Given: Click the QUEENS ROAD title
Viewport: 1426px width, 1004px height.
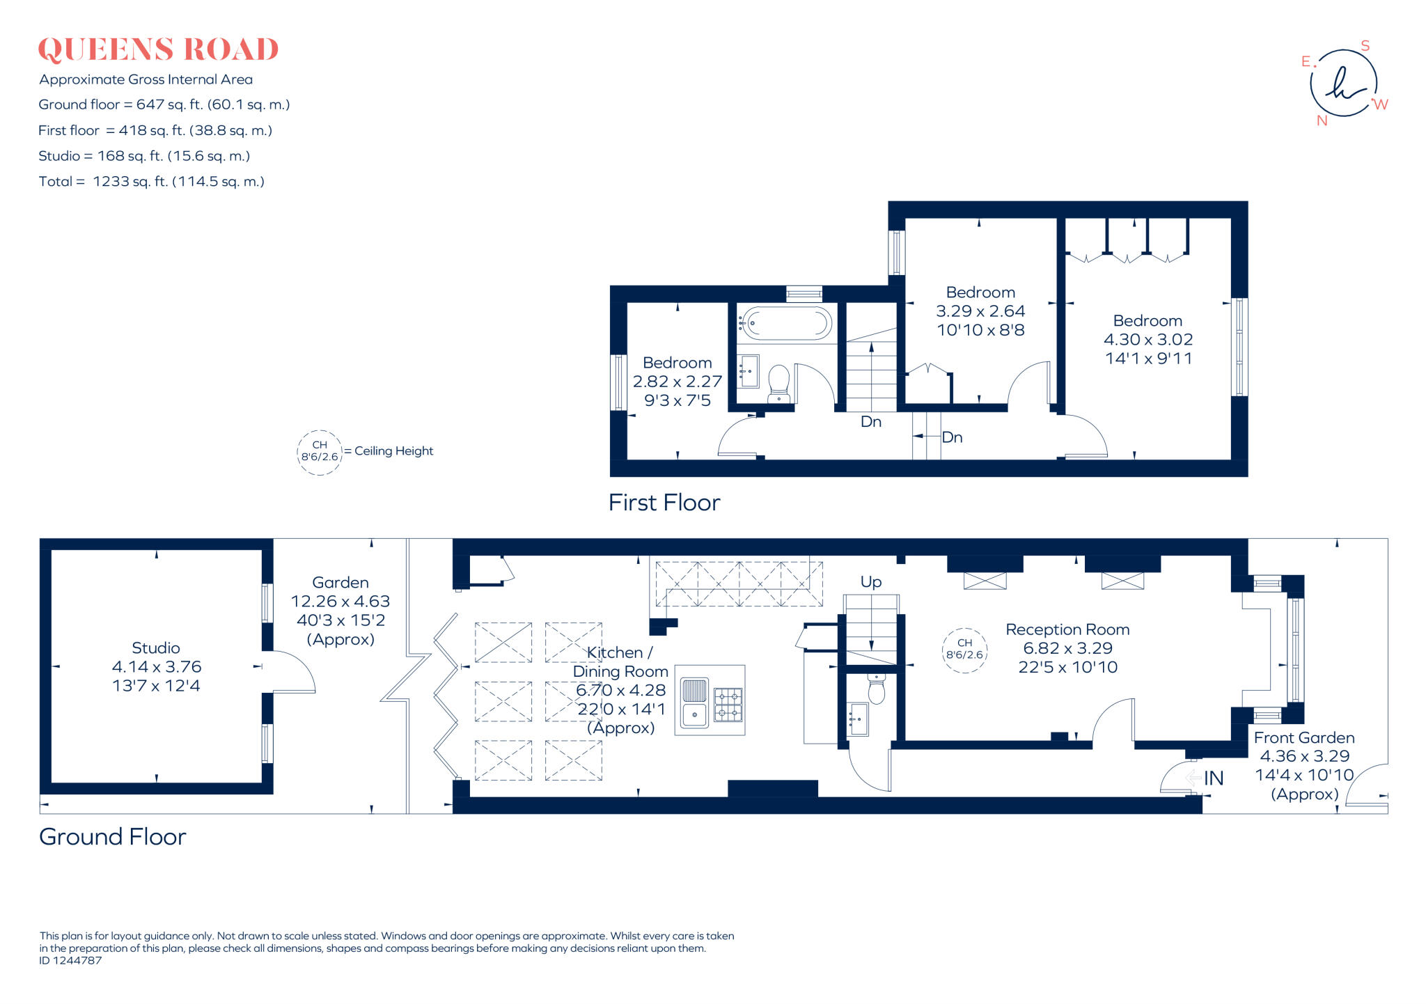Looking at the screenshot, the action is pos(158,49).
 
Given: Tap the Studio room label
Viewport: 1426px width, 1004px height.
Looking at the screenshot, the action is pos(156,648).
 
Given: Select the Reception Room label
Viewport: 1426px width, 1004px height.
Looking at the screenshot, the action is pos(1067,629).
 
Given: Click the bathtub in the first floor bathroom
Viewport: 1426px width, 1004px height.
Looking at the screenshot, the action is pos(786,324).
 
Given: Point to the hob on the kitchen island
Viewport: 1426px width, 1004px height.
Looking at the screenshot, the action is pos(728,705).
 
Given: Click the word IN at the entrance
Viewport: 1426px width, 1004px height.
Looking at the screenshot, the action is pos(1214,778).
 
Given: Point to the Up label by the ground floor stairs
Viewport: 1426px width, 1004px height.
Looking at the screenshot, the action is pos(871,582).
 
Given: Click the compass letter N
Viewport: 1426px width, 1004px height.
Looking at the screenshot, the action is pos(1322,120).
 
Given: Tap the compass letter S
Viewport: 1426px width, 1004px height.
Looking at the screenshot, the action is pos(1365,46).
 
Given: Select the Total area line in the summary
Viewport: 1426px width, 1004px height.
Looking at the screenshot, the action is pos(151,182).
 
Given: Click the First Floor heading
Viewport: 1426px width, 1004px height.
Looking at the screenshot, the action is pos(664,503).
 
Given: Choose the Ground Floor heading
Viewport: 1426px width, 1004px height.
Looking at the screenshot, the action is pos(113,836).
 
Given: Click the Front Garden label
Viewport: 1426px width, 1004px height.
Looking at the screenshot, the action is pos(1304,738).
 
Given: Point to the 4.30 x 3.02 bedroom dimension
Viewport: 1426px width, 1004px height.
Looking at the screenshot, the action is pos(1148,340).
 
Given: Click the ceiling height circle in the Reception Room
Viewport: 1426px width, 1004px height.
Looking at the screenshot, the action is pos(964,650).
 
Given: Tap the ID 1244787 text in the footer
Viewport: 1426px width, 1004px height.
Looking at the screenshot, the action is pos(70,961).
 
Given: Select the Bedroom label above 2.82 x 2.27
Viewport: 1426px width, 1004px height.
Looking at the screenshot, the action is pos(677,363).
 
